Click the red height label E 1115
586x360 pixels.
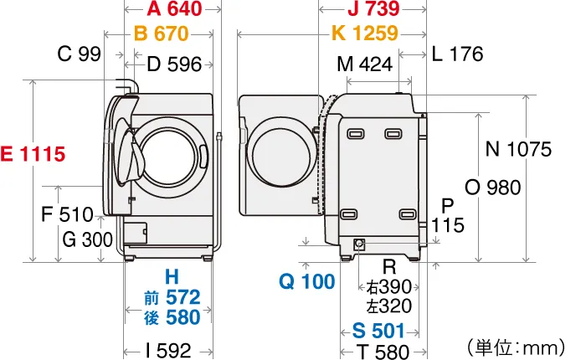coord(33,154)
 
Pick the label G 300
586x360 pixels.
coord(87,240)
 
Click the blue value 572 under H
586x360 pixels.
coord(182,297)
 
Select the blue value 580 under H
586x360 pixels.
coord(182,318)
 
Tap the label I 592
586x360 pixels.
coord(168,350)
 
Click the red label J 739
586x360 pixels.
coord(373,10)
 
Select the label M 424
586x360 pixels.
coord(365,64)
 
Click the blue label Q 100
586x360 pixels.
coord(306,282)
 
